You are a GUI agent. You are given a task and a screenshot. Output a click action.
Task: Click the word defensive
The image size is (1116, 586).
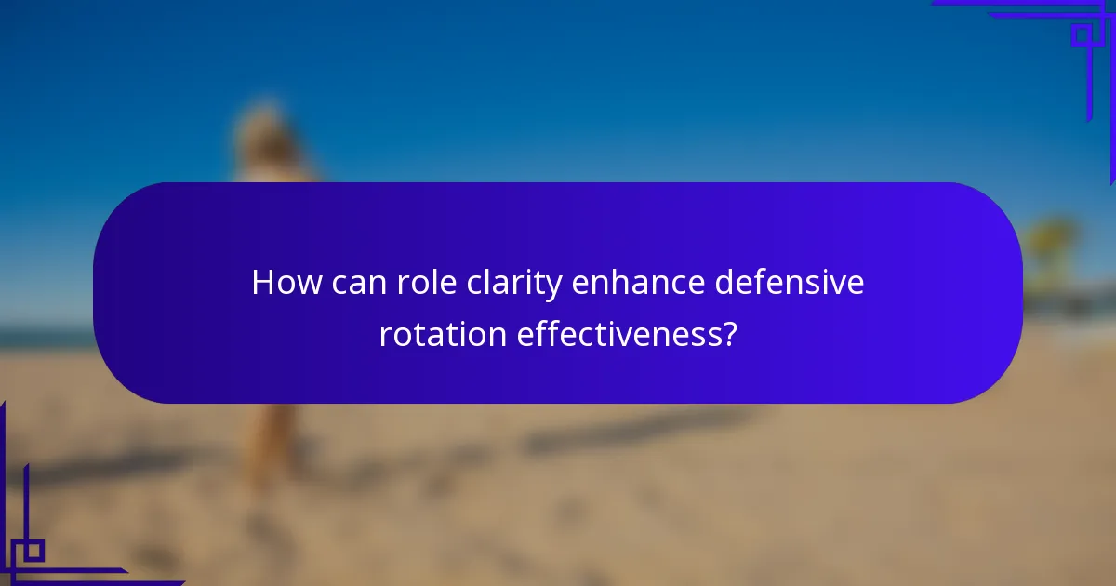click(790, 283)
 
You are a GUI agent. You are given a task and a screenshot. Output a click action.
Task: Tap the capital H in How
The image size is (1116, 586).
click(262, 283)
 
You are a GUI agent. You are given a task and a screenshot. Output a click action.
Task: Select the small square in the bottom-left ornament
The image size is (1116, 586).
click(33, 551)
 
